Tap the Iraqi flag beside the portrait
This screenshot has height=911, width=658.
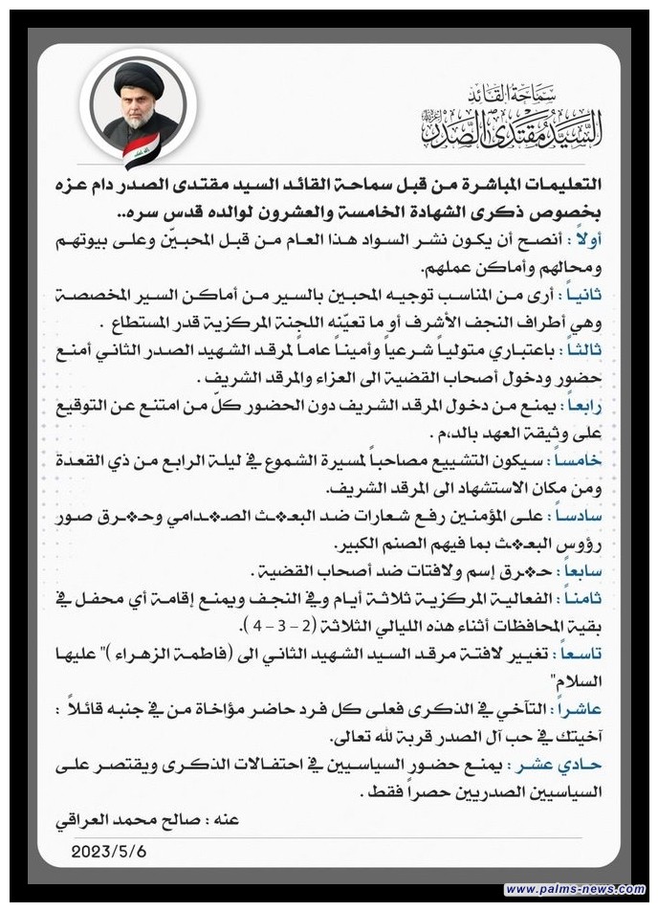point(142,150)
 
